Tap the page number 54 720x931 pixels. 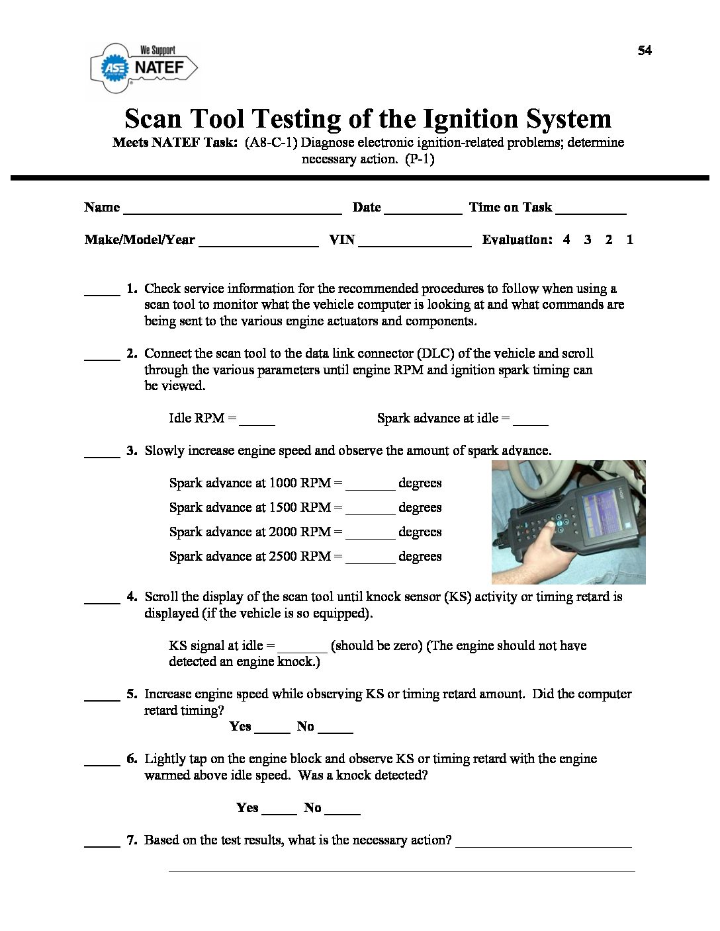pos(645,50)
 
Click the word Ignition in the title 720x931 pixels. pos(449,119)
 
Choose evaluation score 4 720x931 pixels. pos(566,239)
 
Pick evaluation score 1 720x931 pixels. pos(629,239)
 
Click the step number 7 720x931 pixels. pos(132,840)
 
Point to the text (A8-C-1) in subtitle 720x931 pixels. pos(271,142)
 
